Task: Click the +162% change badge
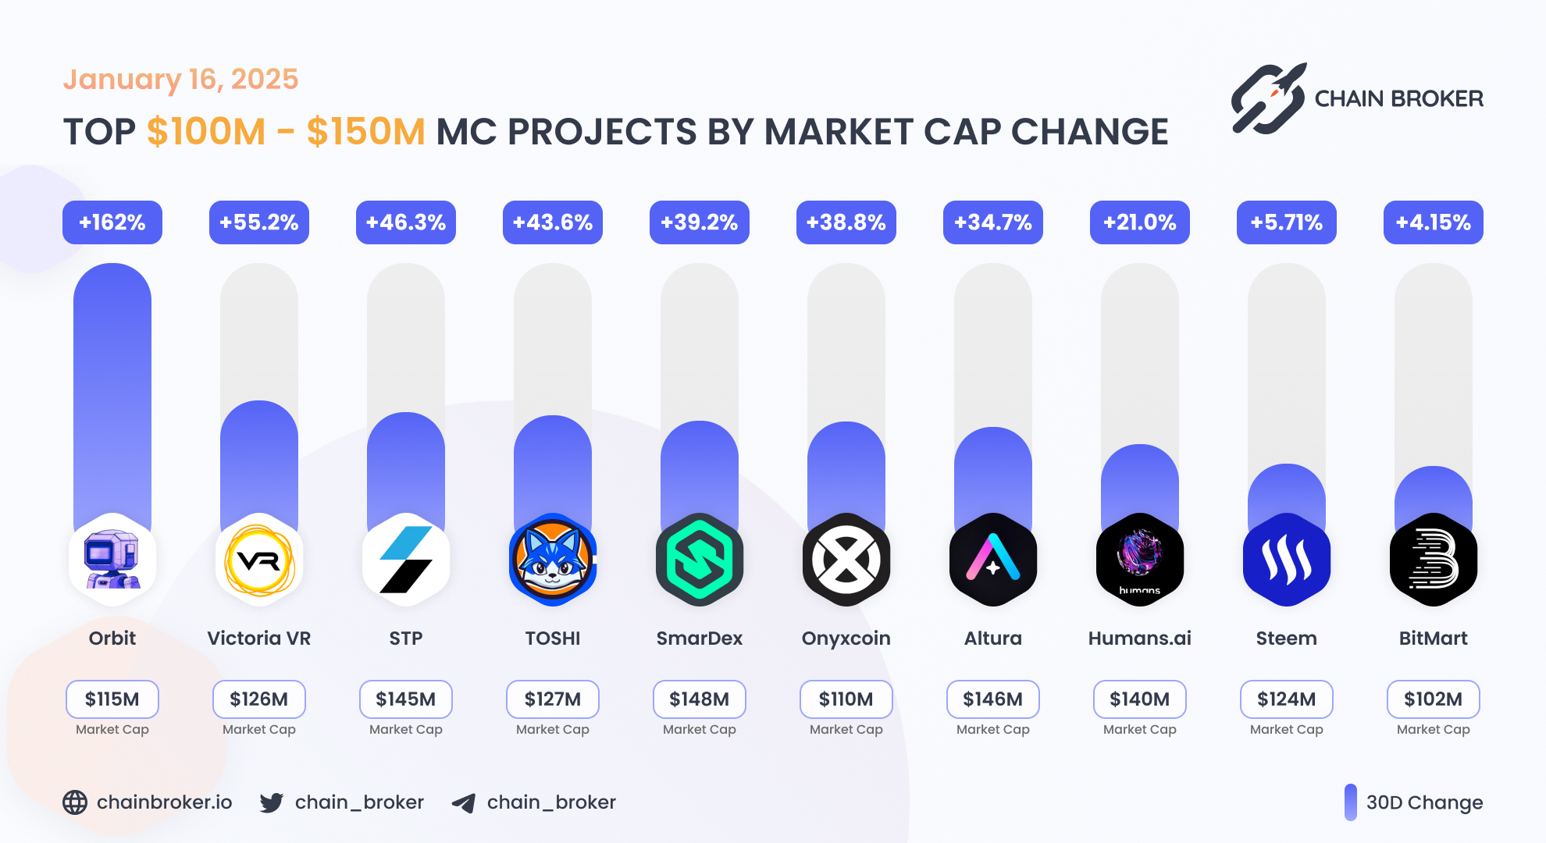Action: (112, 222)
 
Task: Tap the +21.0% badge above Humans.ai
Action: (1139, 222)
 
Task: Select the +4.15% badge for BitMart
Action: (1433, 222)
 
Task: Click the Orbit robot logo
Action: (112, 560)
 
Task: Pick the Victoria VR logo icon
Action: (259, 560)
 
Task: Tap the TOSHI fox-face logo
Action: (553, 560)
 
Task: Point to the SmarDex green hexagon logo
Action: (700, 560)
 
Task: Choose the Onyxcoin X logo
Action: (846, 560)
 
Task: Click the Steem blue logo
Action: (1286, 560)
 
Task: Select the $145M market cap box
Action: (406, 699)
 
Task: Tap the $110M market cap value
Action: (846, 699)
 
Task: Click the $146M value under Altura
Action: (992, 699)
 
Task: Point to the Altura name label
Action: (992, 638)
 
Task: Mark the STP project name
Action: (406, 638)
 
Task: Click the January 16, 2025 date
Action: (180, 80)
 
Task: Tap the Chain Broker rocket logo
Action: (1269, 98)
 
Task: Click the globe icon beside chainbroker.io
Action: (75, 802)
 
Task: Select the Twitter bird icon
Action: (272, 802)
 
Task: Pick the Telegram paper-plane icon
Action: (464, 803)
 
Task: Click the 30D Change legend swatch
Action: (1351, 802)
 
